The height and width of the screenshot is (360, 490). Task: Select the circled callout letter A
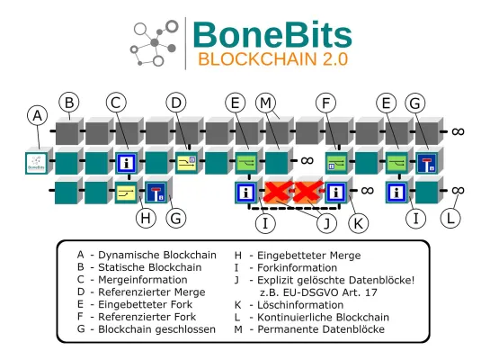tap(37, 116)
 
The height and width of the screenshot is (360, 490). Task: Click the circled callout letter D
tap(176, 102)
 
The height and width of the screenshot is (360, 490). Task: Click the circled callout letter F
tap(329, 102)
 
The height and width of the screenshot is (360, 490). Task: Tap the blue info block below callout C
tap(126, 164)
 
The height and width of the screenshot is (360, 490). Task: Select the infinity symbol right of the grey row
tap(458, 131)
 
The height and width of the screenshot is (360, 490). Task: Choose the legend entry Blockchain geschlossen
tap(156, 330)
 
